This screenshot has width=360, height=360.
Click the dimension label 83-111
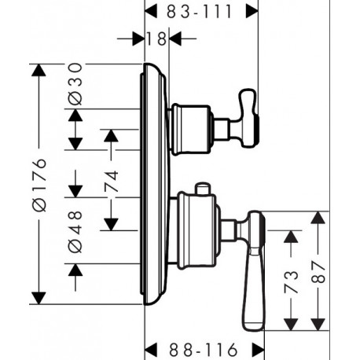(x=200, y=12)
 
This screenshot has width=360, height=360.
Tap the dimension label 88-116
(x=203, y=350)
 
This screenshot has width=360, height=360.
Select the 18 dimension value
(x=156, y=39)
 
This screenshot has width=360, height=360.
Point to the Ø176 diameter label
(x=39, y=185)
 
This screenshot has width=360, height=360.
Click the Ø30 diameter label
(x=75, y=84)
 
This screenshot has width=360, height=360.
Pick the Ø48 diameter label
(x=75, y=232)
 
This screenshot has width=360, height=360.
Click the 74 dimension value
(x=111, y=182)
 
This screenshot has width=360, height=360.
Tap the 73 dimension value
(x=291, y=282)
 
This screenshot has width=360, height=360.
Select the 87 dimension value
(x=318, y=272)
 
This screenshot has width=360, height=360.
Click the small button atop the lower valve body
(x=203, y=189)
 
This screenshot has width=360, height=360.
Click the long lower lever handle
(x=254, y=270)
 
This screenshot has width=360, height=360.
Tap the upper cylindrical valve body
(x=191, y=130)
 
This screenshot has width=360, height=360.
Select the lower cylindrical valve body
(x=197, y=230)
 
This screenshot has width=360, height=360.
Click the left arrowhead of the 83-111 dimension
(x=151, y=12)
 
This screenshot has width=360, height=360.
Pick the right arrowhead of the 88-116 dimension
(x=258, y=350)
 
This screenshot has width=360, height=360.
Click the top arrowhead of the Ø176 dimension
(x=39, y=70)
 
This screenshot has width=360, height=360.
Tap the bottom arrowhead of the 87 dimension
(x=318, y=325)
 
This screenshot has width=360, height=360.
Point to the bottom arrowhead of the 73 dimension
(x=291, y=325)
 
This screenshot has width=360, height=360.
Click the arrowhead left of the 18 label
(x=138, y=39)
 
